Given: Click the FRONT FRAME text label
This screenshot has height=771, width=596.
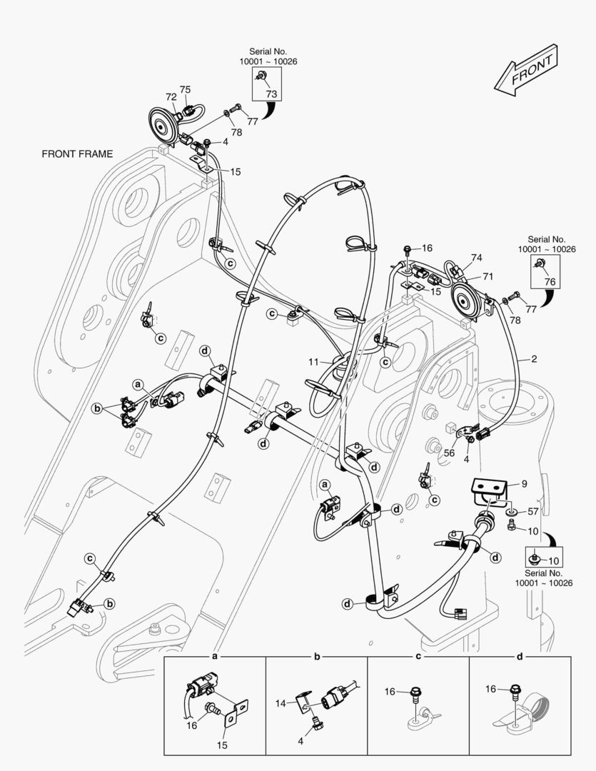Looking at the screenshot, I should click(77, 153).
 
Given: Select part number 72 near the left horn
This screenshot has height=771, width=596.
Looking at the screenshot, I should click(171, 96).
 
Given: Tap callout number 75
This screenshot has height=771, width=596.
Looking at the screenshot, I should click(185, 89).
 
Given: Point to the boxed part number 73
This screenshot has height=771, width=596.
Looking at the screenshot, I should click(271, 94).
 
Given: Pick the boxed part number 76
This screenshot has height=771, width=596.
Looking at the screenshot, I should click(550, 281).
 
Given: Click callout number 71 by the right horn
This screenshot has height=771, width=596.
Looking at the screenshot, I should click(488, 276).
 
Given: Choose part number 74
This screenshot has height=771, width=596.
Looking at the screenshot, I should click(477, 258).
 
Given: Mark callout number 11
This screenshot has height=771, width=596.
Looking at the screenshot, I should click(313, 363).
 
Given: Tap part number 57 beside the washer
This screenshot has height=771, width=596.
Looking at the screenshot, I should click(532, 511).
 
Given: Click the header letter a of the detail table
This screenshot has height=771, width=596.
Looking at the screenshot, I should click(215, 655).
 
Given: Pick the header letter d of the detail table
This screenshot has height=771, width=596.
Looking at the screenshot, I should click(519, 655).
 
